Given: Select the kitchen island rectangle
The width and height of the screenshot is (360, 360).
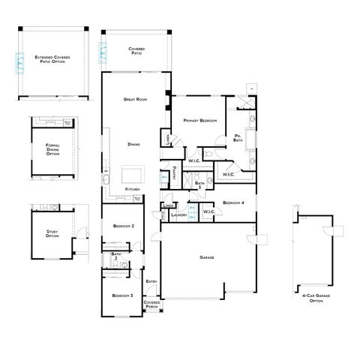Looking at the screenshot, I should [x=133, y=175].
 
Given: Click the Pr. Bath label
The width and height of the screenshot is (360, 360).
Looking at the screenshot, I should [x=237, y=137].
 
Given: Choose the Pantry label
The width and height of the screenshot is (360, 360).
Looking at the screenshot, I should [x=173, y=172].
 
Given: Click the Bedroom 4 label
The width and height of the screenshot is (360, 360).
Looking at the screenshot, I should [x=233, y=202].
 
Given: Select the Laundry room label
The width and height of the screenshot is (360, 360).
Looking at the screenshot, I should [x=178, y=215].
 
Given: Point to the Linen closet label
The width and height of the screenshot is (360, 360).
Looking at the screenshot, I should [x=168, y=205].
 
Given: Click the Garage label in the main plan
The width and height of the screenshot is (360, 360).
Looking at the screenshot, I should [x=207, y=257].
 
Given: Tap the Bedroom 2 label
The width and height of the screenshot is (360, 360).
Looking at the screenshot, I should [x=124, y=226].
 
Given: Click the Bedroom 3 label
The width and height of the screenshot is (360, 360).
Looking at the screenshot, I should [x=123, y=295].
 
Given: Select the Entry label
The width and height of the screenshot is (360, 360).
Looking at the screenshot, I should [x=151, y=281].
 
